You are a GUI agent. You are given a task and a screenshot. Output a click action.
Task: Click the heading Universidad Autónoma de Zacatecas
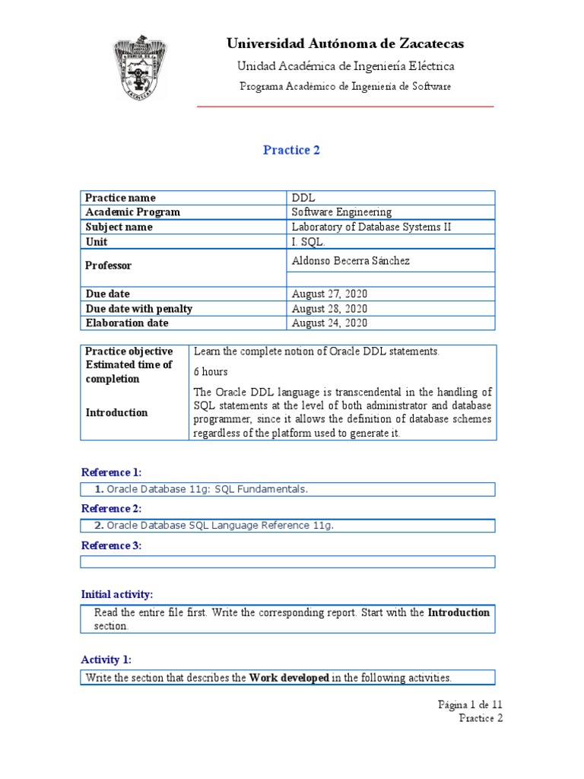pos(345,43)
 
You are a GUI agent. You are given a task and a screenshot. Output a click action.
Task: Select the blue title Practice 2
pos(291,150)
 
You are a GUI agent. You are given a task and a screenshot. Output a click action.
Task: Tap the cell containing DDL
pos(303,198)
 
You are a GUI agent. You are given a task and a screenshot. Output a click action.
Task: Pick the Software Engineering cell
pos(341,212)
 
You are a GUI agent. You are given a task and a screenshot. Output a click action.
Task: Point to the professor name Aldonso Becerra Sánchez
pos(351,261)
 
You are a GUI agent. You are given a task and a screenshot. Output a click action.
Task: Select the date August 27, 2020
pos(329,294)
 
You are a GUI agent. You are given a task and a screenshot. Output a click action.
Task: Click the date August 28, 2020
pos(329,309)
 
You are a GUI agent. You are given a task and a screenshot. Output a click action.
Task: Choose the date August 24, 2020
pos(329,323)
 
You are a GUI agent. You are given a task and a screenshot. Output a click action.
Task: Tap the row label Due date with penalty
pos(138,309)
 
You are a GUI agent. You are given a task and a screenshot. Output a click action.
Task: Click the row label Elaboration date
pos(127,323)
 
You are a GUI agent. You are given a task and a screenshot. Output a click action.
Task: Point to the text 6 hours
pos(211,372)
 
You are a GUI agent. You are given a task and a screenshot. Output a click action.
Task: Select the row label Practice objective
pos(129,351)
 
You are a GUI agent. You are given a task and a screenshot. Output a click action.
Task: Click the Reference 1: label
pos(111,472)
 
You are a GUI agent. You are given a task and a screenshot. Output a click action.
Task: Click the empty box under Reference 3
pos(287,561)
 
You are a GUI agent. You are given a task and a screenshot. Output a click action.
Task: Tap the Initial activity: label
pos(116,594)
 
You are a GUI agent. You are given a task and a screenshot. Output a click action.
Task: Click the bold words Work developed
pos(289,677)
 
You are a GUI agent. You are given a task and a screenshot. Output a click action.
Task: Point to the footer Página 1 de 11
pos(470,704)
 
